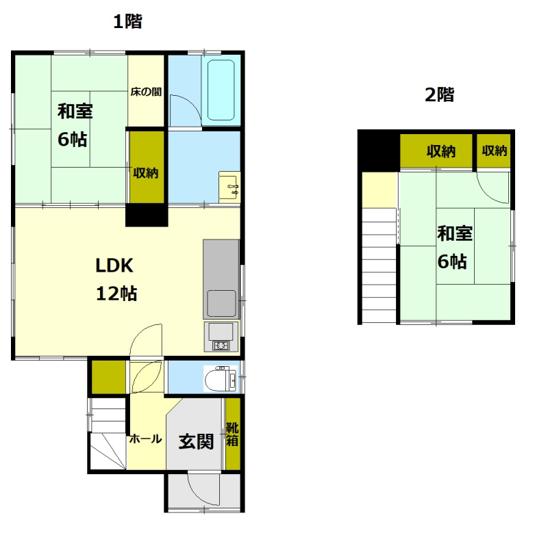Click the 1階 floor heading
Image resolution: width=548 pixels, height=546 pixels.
point(128,22)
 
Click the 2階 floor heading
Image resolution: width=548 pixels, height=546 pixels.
point(439,94)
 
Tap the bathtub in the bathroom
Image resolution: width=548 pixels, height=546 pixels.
point(221,90)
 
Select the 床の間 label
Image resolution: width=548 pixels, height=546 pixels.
point(146,92)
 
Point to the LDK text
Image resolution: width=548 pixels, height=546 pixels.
point(114,265)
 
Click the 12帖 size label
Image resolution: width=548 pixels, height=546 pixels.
point(116,294)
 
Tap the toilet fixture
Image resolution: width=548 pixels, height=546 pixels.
point(221,378)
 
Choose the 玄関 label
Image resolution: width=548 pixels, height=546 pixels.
point(196,441)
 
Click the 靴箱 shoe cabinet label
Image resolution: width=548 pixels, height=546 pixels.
point(232,434)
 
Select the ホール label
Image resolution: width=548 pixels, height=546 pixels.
point(145,439)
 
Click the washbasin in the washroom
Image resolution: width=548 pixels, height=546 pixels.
point(229,187)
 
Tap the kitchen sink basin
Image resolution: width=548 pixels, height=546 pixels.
point(221,303)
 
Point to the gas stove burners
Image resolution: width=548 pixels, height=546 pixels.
point(221,346)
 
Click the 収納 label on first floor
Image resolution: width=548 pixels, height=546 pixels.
point(146,173)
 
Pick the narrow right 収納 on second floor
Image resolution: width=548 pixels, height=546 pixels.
point(494,151)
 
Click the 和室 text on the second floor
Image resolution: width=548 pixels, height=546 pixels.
point(455,233)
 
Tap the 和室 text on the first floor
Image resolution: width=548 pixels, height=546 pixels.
point(75,111)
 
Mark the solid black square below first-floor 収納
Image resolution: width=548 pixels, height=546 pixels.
point(147,215)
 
